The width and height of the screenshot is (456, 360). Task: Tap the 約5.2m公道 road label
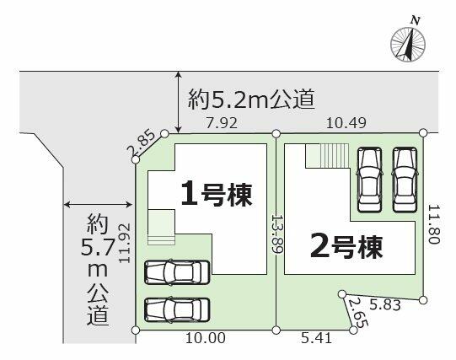click(251, 99)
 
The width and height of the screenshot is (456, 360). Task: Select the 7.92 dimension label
click(222, 123)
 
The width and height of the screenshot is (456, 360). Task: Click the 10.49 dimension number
click(346, 123)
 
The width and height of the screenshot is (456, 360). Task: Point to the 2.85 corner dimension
click(141, 143)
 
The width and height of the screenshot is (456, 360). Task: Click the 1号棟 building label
click(216, 193)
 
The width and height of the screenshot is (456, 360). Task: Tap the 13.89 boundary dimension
click(276, 234)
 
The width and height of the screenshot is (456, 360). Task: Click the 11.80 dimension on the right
click(434, 224)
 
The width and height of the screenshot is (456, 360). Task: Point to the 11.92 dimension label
click(125, 243)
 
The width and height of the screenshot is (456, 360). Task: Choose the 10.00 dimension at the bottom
click(206, 338)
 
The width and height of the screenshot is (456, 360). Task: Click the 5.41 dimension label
click(316, 338)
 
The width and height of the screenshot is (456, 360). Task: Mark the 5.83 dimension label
click(385, 304)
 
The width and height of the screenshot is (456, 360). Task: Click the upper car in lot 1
click(177, 272)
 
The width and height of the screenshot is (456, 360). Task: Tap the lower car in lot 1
click(177, 310)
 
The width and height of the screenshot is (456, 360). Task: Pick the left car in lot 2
click(369, 180)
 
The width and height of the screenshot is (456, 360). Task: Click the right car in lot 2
click(405, 180)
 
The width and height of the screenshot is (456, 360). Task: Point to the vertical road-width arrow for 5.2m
click(178, 102)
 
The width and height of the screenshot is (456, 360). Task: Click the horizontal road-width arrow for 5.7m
click(98, 205)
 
